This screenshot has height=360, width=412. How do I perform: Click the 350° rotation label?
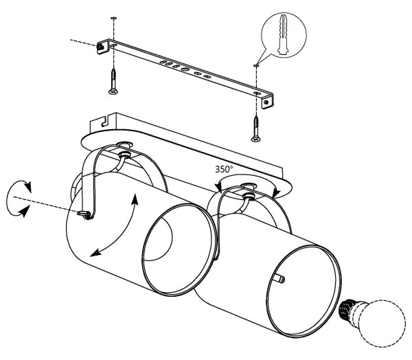[224, 169]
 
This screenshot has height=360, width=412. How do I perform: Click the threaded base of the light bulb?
[347, 308]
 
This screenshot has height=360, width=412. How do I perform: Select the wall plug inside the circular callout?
[284, 35]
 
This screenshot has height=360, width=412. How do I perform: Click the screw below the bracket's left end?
[113, 81]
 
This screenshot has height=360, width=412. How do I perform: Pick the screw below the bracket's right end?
[255, 129]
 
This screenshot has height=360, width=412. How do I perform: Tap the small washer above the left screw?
[114, 18]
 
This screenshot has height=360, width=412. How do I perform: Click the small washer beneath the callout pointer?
[256, 65]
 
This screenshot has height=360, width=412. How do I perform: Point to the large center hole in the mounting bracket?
[185, 69]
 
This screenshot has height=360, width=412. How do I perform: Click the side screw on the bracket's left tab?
[100, 47]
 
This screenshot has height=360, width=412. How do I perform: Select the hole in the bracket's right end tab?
[266, 102]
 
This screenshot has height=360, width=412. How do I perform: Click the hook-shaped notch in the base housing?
[105, 122]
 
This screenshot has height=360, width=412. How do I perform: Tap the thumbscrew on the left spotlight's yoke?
[84, 214]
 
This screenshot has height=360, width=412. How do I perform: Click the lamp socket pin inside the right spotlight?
[279, 279]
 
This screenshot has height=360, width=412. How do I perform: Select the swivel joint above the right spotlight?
[248, 195]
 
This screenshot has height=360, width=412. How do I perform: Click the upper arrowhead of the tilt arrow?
[135, 199]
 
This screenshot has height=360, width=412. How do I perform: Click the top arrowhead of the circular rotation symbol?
[28, 187]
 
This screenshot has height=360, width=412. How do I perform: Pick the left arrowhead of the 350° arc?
[218, 187]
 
